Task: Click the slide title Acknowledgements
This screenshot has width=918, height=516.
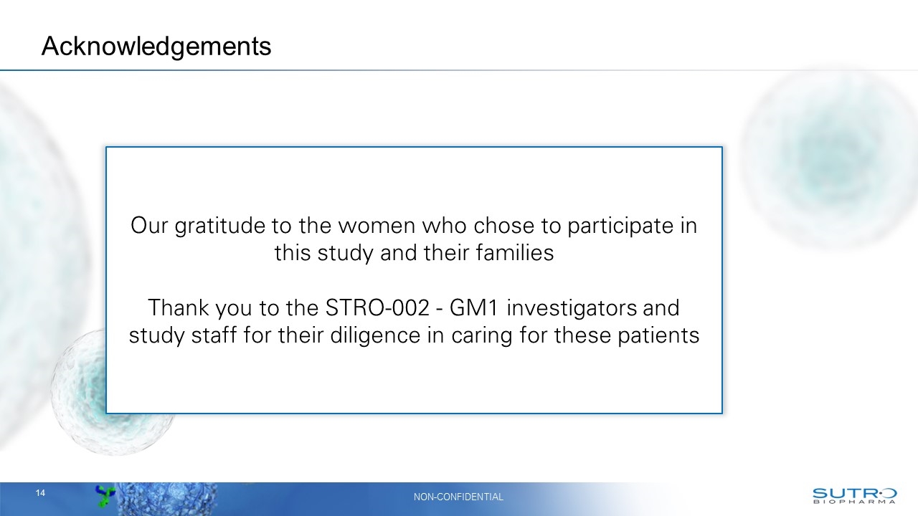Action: click(156, 46)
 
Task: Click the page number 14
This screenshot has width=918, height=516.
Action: click(40, 493)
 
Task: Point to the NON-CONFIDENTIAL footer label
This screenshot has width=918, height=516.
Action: click(459, 497)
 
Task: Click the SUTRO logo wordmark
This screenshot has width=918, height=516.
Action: click(853, 492)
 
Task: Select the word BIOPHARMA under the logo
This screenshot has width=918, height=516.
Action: click(853, 502)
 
